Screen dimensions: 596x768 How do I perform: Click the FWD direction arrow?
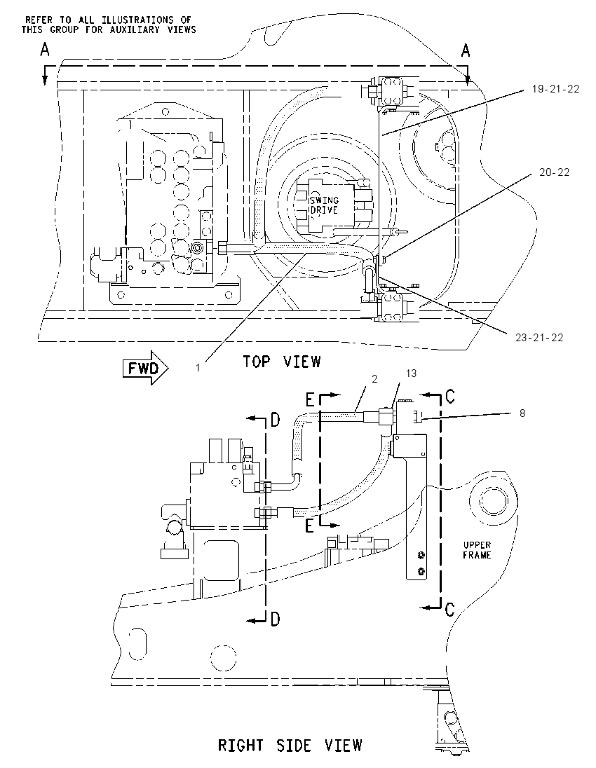click(146, 368)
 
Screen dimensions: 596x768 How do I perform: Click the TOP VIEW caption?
click(282, 362)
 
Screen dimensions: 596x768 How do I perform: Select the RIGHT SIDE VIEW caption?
click(290, 745)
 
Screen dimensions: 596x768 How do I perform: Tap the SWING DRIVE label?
click(323, 205)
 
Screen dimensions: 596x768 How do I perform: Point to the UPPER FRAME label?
click(477, 549)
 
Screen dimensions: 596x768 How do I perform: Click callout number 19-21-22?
click(556, 89)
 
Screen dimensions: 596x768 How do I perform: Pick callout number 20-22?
click(555, 172)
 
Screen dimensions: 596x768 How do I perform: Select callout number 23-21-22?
click(539, 338)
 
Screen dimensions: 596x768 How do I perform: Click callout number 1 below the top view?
click(198, 368)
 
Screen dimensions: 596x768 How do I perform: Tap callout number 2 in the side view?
click(374, 379)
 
